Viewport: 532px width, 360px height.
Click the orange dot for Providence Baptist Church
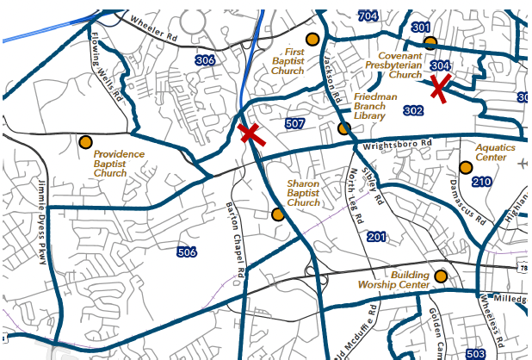click(85, 142)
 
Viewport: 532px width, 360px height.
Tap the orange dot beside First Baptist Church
click(312, 39)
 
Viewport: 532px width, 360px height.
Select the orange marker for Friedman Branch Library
click(344, 128)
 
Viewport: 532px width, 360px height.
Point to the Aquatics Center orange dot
click(466, 167)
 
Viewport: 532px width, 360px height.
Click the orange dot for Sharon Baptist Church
click(277, 214)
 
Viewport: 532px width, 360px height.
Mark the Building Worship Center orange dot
click(442, 276)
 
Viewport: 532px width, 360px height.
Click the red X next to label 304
click(440, 86)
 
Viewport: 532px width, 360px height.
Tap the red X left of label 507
click(251, 133)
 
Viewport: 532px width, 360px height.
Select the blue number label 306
click(205, 60)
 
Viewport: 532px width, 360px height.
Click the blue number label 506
click(186, 252)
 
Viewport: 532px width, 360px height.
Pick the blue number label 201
click(376, 237)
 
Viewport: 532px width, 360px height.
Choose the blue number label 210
click(481, 182)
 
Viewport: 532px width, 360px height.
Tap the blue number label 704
click(368, 16)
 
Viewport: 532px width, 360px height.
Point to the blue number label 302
click(413, 110)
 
